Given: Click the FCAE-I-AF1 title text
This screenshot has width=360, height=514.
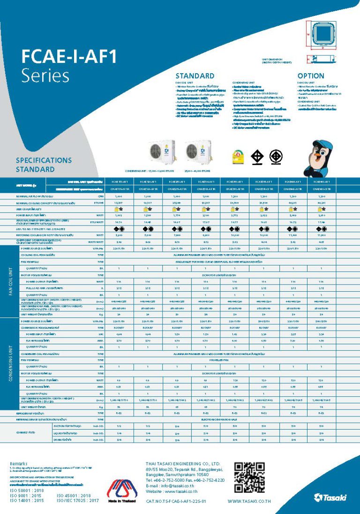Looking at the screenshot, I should point(69,57).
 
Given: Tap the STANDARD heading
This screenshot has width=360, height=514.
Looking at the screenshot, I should point(195,76).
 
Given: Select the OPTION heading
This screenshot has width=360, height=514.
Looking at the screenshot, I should point(310,76).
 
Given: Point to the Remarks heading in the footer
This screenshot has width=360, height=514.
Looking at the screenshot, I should point(19,464).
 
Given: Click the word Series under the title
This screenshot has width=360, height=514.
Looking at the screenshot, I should point(45,76).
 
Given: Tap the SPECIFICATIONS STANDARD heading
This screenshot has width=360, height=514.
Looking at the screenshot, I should point(44,165).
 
